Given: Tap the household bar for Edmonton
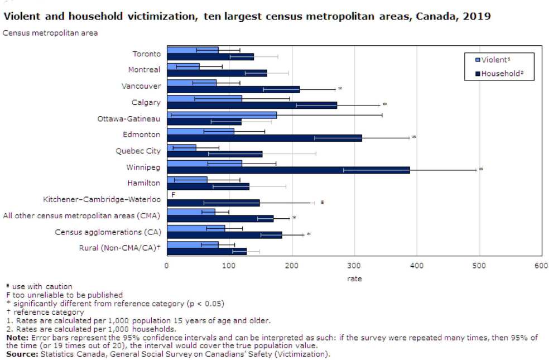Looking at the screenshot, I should [264, 138].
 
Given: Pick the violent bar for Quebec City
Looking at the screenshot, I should [182, 147].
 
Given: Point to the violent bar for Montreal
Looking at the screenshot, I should [184, 66].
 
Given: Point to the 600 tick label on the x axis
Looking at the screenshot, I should [541, 266].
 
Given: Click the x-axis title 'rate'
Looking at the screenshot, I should [354, 279].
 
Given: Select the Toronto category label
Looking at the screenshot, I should [146, 54].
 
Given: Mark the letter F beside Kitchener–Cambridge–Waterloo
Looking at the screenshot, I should [173, 195].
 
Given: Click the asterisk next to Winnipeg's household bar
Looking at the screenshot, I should [481, 169].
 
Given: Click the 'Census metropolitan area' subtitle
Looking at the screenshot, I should [50, 33].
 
